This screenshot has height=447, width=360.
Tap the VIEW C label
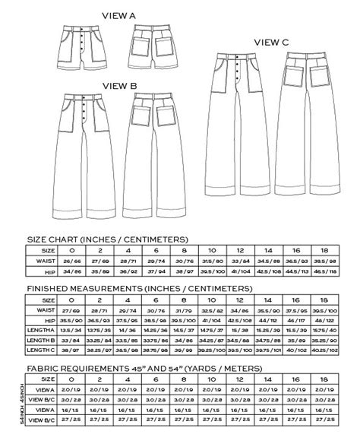click(271, 43)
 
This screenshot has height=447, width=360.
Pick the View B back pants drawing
click(157, 152)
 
